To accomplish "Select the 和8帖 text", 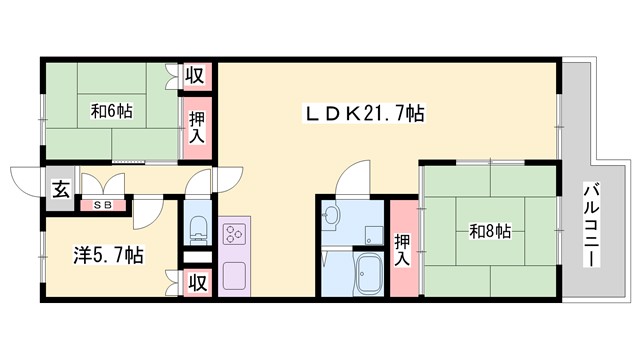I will (x=490, y=232).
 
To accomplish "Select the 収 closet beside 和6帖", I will (x=196, y=76).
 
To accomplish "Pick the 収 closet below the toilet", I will (x=196, y=283).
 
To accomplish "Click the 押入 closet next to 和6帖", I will (x=196, y=127).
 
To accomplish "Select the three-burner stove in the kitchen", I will (x=237, y=235).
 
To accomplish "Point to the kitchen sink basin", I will (x=237, y=274).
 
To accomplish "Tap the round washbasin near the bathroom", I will (x=332, y=214).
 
